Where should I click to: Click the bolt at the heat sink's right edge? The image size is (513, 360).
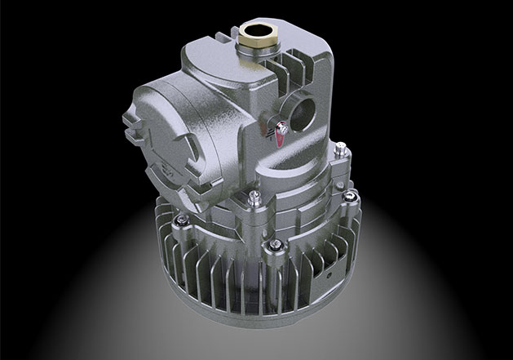click(x=352, y=197)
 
